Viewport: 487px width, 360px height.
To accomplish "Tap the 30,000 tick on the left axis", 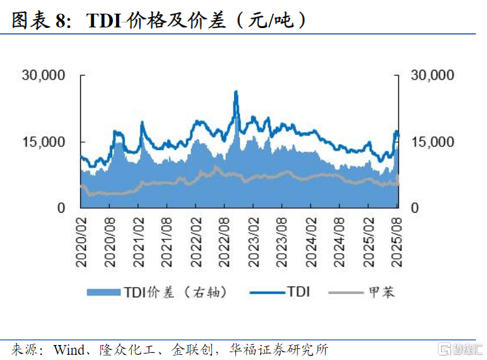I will [x=44, y=75].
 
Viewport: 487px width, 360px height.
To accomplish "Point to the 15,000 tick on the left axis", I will [x=44, y=142].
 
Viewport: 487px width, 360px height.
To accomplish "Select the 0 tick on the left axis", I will [x=61, y=208].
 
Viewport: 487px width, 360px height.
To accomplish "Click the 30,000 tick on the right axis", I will [x=432, y=75].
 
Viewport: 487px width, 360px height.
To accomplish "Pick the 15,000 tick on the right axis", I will [x=432, y=142].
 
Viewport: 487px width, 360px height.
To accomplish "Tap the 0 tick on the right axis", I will [x=415, y=208].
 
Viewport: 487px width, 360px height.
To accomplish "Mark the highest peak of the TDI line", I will [x=235, y=92].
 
